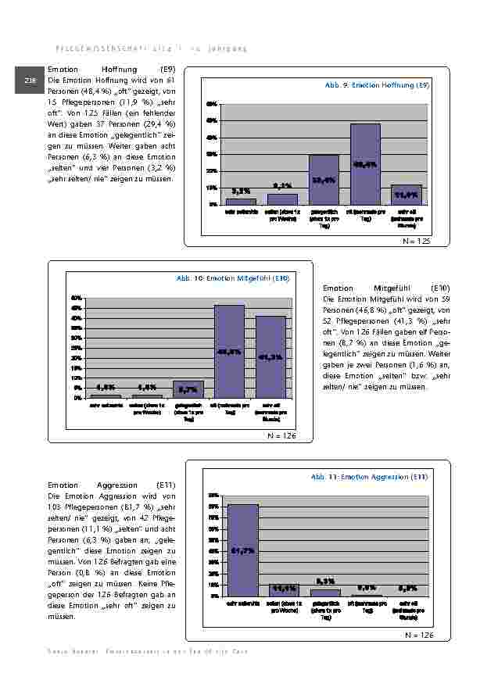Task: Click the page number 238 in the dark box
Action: point(30,81)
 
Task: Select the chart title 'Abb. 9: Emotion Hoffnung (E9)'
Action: point(377,84)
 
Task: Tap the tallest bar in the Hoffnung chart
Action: point(365,164)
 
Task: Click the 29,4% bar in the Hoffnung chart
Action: point(324,180)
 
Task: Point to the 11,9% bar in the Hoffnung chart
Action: point(407,195)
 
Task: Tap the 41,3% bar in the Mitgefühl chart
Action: point(270,356)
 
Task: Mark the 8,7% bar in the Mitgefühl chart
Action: point(188,389)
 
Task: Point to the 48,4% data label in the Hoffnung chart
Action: point(365,165)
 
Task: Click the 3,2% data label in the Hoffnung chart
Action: point(241,190)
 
